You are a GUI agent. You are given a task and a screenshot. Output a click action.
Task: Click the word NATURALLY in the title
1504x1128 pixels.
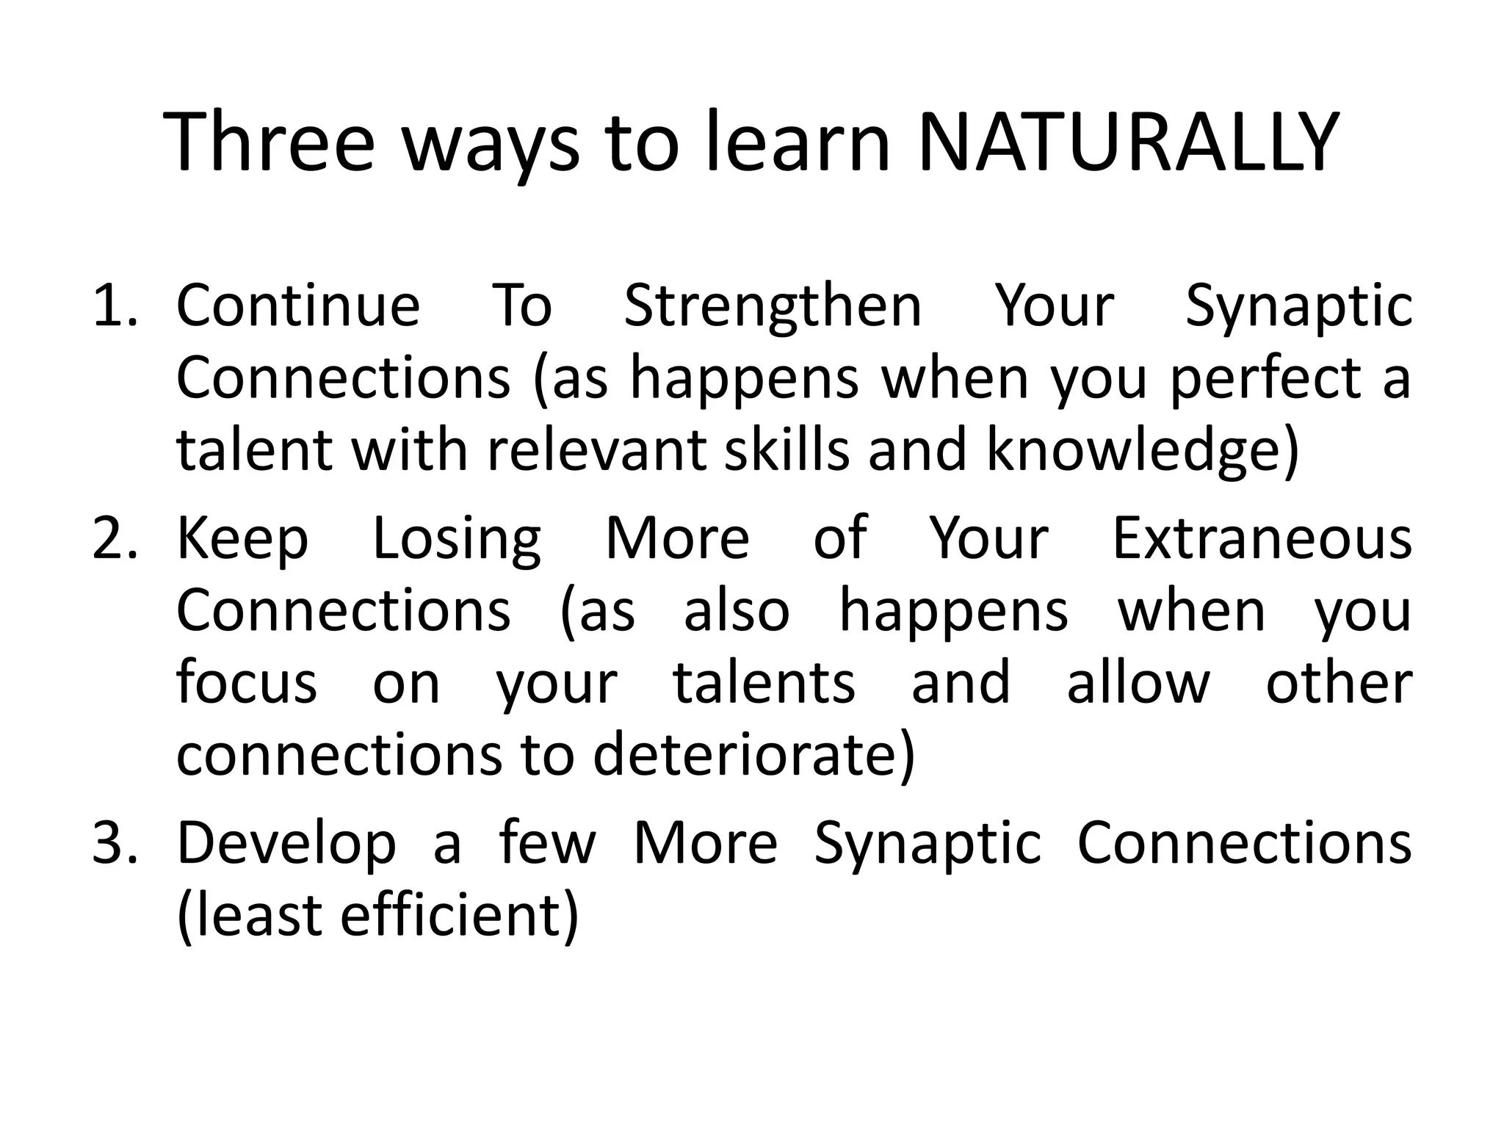pyautogui.click(x=1129, y=143)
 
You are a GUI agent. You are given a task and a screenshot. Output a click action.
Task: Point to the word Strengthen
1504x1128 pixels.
pyautogui.click(x=773, y=306)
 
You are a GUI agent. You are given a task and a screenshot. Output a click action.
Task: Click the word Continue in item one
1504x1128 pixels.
pyautogui.click(x=297, y=306)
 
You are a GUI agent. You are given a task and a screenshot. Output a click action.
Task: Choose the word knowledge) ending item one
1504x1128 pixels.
pyautogui.click(x=1143, y=451)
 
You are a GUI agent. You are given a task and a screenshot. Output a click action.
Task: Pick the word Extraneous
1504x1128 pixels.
pyautogui.click(x=1262, y=538)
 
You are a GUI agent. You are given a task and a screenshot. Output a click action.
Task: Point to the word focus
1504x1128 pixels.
pyautogui.click(x=247, y=682)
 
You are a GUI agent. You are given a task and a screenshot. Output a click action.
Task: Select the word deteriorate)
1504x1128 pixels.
pyautogui.click(x=754, y=755)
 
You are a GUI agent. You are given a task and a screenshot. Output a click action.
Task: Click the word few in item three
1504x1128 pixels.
pyautogui.click(x=547, y=843)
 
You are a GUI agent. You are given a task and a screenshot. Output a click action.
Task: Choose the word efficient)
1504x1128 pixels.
pyautogui.click(x=460, y=915)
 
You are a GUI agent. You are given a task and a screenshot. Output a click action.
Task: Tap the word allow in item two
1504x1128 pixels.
pyautogui.click(x=1138, y=682)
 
